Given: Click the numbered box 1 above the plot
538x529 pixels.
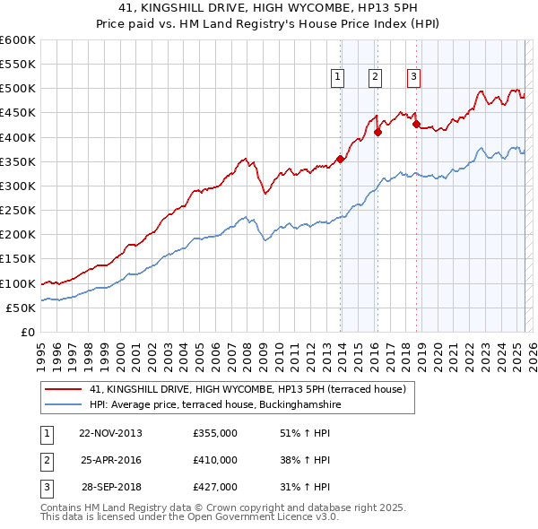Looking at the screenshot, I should point(338,78).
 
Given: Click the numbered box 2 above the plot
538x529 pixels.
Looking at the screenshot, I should point(375,78).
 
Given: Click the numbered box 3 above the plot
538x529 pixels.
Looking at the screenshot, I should point(413,78).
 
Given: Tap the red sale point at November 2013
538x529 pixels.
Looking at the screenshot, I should point(341,160).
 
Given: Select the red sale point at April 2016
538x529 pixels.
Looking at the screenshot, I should point(378,133).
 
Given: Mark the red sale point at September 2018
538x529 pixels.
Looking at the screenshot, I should point(417,125).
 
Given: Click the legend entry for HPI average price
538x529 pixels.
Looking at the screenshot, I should point(215,404).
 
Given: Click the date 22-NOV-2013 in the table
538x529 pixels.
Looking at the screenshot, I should point(110,433).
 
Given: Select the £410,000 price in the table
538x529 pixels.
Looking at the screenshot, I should point(215,460).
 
